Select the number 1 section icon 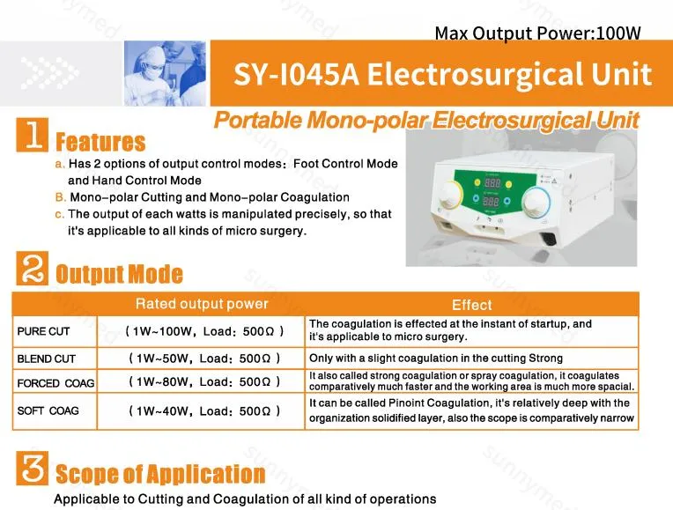(33, 138)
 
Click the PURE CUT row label (44, 332)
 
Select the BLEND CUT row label (47, 359)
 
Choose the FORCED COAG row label (55, 383)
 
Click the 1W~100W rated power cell (205, 332)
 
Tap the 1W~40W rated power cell (205, 411)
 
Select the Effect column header (471, 305)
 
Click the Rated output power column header (202, 305)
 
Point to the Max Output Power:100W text (537, 33)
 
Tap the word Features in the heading (100, 142)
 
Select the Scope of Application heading (159, 475)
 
